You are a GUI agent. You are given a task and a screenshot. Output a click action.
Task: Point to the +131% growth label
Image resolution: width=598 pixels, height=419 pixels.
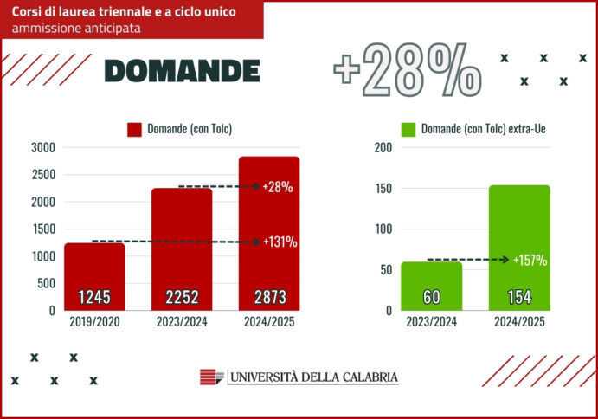[x=280, y=242]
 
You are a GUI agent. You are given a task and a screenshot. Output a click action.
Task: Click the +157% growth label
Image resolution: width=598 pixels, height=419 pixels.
[x=530, y=260]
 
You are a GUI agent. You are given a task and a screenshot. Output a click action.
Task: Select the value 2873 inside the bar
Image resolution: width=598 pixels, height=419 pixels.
[x=269, y=298]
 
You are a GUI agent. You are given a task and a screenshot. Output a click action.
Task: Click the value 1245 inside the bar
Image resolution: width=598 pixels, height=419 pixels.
[x=94, y=298]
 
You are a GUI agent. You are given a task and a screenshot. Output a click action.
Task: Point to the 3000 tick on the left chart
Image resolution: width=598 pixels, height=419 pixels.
[x=42, y=147]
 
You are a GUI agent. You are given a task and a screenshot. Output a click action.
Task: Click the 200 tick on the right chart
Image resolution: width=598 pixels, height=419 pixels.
[x=383, y=147]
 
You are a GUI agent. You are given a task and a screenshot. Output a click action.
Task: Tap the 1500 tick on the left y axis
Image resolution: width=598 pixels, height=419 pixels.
[x=42, y=229]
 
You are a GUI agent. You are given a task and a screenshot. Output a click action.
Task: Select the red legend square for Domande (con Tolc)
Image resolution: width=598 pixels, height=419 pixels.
[x=134, y=130]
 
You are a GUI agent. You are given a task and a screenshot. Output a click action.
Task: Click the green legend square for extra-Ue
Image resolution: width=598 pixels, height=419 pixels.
[x=410, y=130]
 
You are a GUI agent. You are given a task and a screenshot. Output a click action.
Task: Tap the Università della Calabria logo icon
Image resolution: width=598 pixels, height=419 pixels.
[x=211, y=377]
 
